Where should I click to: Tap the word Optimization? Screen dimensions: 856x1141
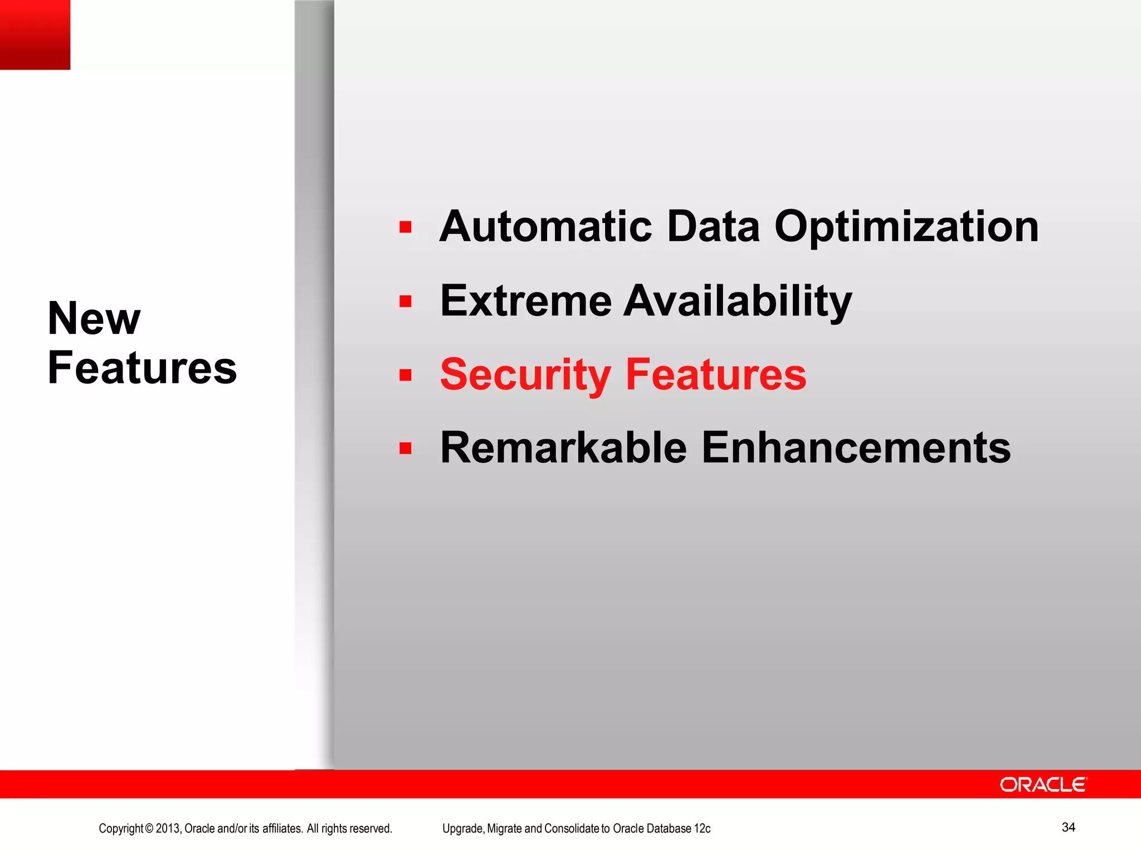pyautogui.click(x=906, y=227)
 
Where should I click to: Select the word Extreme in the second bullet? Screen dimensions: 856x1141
pyautogui.click(x=525, y=301)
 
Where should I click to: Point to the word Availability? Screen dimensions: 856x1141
pyautogui.click(x=738, y=301)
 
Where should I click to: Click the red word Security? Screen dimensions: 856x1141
pyautogui.click(x=525, y=374)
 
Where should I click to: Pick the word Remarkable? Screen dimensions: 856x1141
pyautogui.click(x=563, y=448)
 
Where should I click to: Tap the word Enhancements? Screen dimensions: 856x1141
pyautogui.click(x=856, y=448)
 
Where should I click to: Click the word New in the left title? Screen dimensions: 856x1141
pyautogui.click(x=94, y=318)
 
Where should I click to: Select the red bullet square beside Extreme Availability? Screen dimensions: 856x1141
pyautogui.click(x=405, y=301)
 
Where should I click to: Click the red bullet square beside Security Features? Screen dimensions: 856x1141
pyautogui.click(x=405, y=375)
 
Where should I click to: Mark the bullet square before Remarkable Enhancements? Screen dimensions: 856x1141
pyautogui.click(x=405, y=449)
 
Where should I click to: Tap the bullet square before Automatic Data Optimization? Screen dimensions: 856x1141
pyautogui.click(x=405, y=227)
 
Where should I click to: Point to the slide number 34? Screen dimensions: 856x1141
pyautogui.click(x=1068, y=827)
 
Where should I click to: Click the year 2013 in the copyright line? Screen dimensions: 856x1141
pyautogui.click(x=168, y=829)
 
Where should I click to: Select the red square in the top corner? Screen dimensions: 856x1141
pyautogui.click(x=35, y=35)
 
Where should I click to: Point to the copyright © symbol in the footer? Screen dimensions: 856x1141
pyautogui.click(x=149, y=829)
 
